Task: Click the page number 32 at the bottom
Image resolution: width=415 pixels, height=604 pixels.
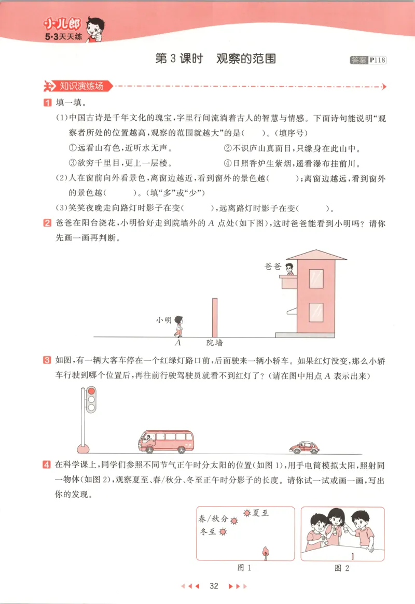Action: click(213, 586)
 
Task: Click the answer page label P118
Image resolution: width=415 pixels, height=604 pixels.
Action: click(378, 60)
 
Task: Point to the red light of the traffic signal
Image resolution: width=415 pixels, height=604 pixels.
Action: click(91, 391)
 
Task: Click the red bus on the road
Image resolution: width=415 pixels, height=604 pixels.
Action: click(165, 441)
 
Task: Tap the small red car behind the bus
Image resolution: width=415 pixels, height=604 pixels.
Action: click(304, 447)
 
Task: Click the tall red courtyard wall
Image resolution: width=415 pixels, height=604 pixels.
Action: click(214, 317)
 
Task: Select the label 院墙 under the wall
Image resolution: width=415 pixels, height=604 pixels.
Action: click(214, 343)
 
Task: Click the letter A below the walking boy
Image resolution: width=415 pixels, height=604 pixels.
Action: click(178, 343)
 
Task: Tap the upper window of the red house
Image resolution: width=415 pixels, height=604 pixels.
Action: click(316, 278)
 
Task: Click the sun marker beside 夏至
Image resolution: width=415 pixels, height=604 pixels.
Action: click(246, 513)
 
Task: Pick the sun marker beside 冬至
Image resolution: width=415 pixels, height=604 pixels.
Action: click(224, 532)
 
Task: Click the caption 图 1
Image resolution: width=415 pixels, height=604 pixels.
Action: click(244, 568)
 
